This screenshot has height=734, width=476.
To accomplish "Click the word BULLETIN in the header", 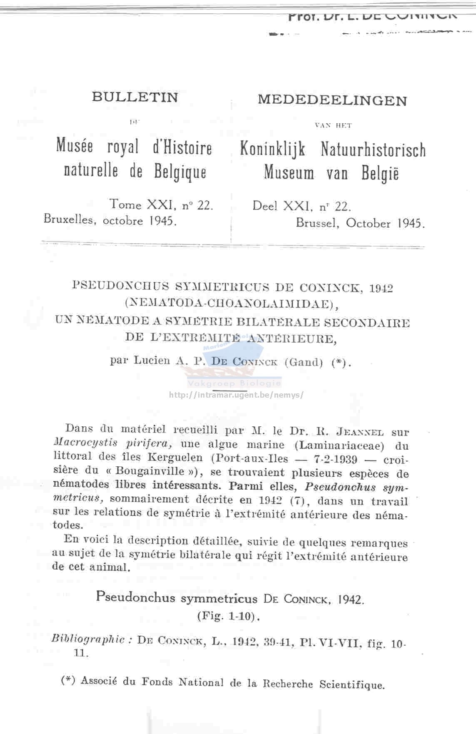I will tap(135, 97).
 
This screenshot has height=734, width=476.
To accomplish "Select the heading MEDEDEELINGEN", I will tap(332, 100).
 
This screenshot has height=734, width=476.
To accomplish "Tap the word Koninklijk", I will tap(272, 149).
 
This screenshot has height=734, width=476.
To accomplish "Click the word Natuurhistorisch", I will tap(373, 150).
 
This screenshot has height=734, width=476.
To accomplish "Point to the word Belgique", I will tap(180, 172).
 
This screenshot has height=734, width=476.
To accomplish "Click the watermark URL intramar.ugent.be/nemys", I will tap(236, 395).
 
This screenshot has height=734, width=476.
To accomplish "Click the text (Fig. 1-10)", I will tap(229, 616).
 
